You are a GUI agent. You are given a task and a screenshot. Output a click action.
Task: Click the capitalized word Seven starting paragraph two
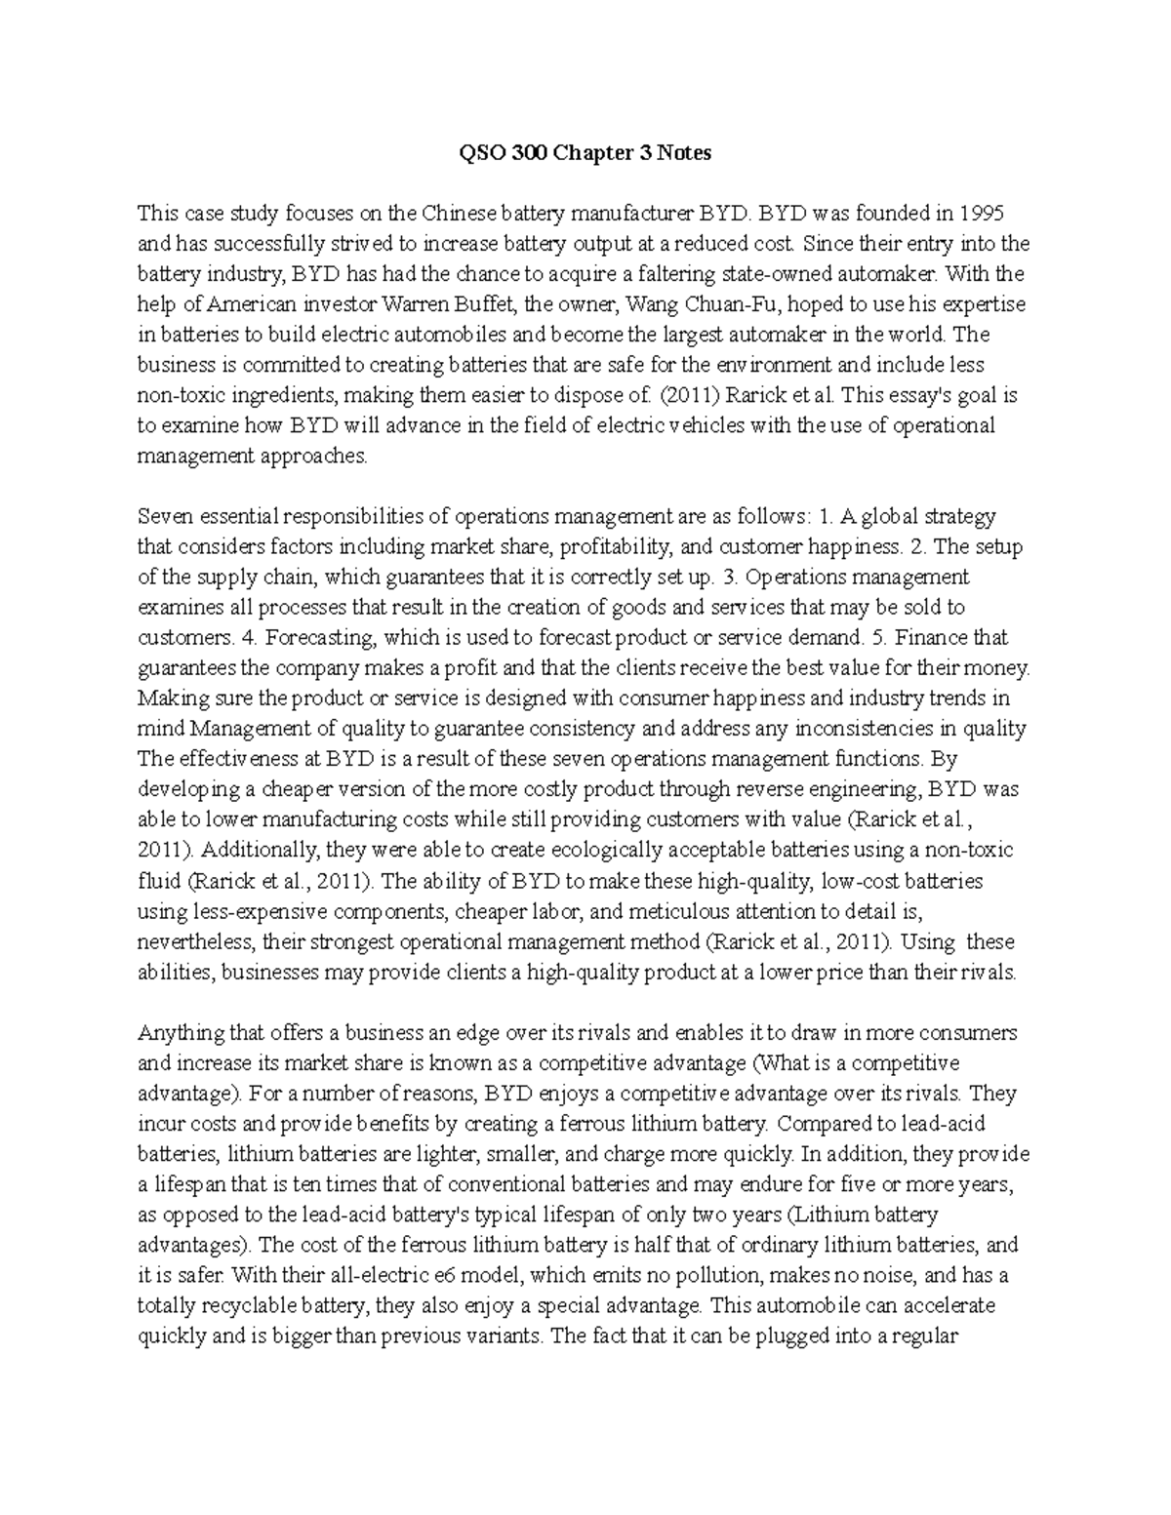165,516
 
